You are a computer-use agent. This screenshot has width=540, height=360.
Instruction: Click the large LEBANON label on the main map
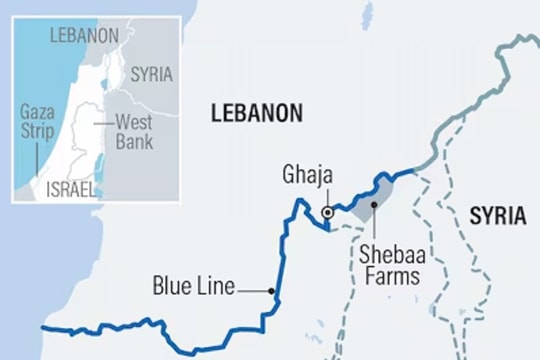coord(257,114)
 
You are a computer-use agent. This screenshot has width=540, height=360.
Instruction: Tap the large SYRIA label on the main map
coord(497,216)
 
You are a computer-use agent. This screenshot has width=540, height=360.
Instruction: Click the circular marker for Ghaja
coord(327,212)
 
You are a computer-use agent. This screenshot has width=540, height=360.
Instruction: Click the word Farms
coord(394,276)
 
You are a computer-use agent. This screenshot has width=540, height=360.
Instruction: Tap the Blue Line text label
coord(194,287)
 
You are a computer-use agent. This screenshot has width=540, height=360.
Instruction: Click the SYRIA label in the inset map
coord(152,74)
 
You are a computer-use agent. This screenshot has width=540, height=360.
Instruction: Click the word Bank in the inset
coord(133,142)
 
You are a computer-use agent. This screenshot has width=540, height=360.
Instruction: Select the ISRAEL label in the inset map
coord(69,188)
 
